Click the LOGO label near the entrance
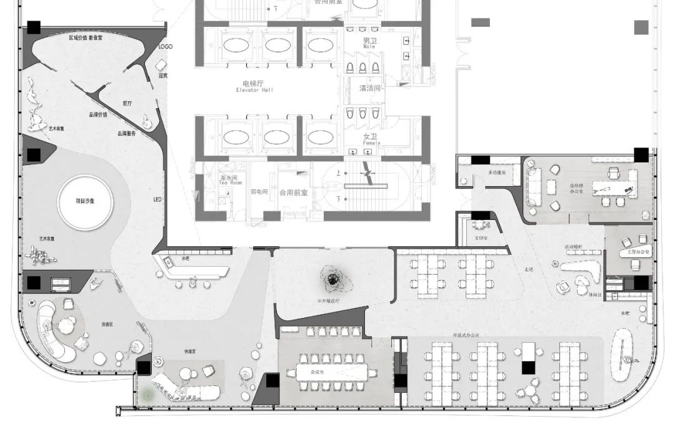point(166,47)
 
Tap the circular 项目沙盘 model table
point(84,201)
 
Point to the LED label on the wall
point(157,200)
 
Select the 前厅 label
point(127,104)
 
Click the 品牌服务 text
point(126,133)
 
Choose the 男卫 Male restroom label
point(369,42)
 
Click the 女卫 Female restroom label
point(369,137)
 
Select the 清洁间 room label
point(369,88)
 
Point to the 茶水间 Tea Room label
point(230,180)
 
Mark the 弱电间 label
point(259,192)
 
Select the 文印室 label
point(482,238)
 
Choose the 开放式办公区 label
point(466,335)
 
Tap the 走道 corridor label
point(529,269)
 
